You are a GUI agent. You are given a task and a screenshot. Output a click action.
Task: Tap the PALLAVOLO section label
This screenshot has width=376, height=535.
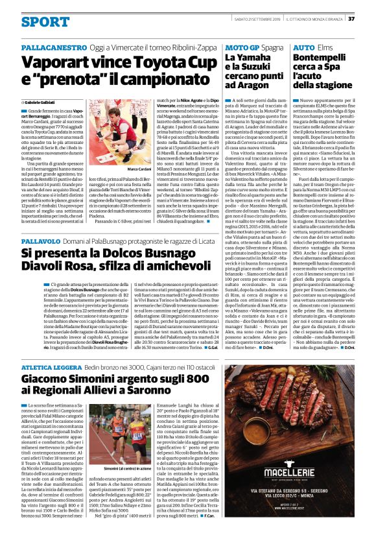(x=43, y=222)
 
